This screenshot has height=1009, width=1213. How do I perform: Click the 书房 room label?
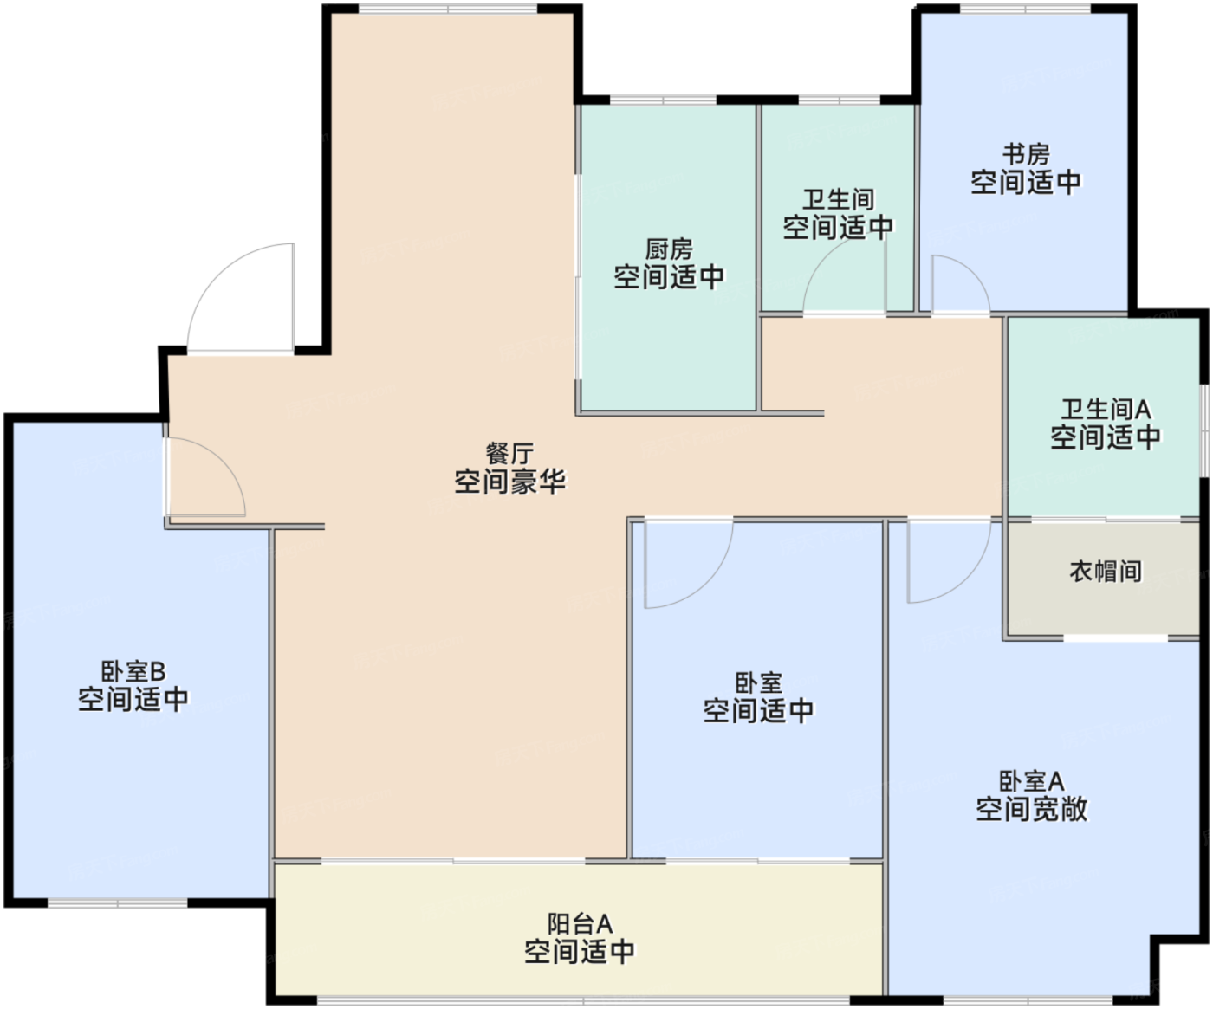pos(1026,155)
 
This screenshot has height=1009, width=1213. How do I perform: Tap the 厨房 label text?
pos(669,249)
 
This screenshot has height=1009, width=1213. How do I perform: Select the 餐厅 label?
pos(509,453)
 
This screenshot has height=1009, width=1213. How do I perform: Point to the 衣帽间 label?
pos(1105,572)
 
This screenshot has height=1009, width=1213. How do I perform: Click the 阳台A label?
pos(580,923)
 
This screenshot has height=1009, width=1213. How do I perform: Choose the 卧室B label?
pos(133,671)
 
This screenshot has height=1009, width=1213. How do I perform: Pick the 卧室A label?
pos(1031,781)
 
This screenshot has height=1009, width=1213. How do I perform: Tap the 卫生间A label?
pos(1106,409)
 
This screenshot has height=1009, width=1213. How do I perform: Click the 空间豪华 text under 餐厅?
pos(509,482)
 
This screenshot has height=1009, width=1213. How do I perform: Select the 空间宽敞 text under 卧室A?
pos(1031,810)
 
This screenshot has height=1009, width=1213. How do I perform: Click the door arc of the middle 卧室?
pos(689,563)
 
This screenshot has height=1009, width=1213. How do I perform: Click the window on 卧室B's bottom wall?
pos(117,904)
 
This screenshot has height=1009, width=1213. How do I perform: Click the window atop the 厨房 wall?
pos(662,100)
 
